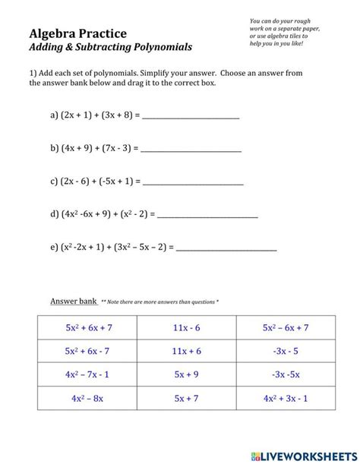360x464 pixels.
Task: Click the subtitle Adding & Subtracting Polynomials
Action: point(111,47)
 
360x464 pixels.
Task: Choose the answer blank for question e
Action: point(226,247)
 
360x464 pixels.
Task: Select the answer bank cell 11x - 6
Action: point(186,327)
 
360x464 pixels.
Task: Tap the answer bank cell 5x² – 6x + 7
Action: point(286,327)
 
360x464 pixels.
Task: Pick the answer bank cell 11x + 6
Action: point(186,351)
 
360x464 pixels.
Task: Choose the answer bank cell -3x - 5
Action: point(286,351)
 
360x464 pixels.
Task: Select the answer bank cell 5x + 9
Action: point(186,374)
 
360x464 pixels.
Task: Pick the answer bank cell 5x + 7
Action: point(186,398)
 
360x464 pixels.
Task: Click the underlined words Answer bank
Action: point(73,301)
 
